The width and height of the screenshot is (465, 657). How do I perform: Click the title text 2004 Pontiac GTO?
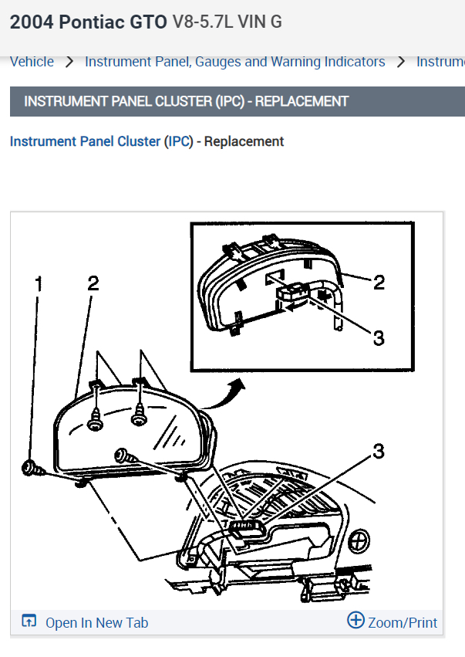click(88, 22)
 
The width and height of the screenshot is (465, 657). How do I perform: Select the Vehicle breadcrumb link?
click(32, 62)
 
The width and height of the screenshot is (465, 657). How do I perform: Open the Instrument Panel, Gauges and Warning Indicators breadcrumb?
click(234, 62)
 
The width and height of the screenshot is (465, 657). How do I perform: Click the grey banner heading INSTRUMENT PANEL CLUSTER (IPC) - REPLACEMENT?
click(187, 101)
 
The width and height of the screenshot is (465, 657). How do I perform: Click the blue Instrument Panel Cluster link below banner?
click(85, 141)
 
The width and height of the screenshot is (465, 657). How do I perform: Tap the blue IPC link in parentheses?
click(180, 141)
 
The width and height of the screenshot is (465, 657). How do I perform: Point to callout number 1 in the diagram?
click(39, 284)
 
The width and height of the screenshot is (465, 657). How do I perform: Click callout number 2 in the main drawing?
click(93, 283)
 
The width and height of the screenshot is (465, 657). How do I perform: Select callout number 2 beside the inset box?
click(379, 283)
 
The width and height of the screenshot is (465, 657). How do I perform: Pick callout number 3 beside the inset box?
click(378, 337)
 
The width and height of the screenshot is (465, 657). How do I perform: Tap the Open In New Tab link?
click(96, 622)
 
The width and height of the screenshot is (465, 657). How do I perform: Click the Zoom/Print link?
click(403, 622)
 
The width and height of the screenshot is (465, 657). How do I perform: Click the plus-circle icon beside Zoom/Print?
click(355, 621)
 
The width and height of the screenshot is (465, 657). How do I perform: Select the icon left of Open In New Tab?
click(29, 621)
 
